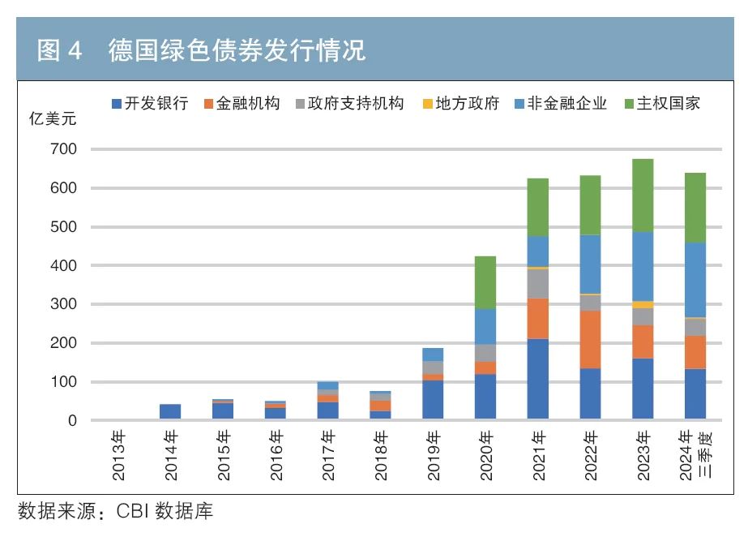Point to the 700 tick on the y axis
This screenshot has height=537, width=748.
[66, 149]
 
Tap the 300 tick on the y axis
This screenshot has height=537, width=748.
[66, 304]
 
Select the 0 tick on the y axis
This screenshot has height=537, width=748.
[72, 420]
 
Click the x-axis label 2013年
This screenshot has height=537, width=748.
[118, 455]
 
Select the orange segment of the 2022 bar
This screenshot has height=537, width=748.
[591, 339]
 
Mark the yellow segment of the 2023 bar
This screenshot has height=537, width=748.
[643, 305]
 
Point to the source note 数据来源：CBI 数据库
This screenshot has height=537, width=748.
[115, 512]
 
